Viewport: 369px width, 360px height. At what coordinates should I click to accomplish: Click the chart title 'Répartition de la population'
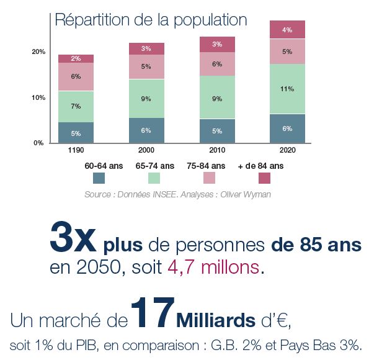point(151,19)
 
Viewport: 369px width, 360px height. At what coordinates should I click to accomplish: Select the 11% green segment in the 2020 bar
point(287,89)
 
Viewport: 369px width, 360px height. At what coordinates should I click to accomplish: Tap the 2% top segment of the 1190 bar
point(76,58)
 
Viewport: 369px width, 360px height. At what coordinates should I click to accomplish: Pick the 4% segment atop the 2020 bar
point(287,30)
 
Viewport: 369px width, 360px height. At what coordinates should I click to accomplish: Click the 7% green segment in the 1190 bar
point(76,106)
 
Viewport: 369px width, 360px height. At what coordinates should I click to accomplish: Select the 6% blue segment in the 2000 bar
point(146,130)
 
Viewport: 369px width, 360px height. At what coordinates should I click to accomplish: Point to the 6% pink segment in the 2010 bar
point(217,64)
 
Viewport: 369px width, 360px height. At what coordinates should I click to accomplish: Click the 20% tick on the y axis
point(38,52)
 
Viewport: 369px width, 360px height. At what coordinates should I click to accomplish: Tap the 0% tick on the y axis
point(38,143)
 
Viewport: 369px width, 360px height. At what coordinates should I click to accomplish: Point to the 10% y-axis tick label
point(38,98)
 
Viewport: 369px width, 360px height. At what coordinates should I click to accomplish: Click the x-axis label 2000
point(146,150)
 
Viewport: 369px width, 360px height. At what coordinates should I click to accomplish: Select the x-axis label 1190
point(76,150)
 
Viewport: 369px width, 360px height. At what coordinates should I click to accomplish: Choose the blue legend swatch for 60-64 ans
point(99,178)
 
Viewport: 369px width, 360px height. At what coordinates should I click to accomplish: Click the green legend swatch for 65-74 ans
point(154,178)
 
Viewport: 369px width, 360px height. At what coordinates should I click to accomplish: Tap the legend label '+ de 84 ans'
point(261,166)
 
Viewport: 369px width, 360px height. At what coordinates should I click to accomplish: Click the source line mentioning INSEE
point(177,194)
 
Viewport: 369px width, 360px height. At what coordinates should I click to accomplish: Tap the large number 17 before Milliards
point(151,313)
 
